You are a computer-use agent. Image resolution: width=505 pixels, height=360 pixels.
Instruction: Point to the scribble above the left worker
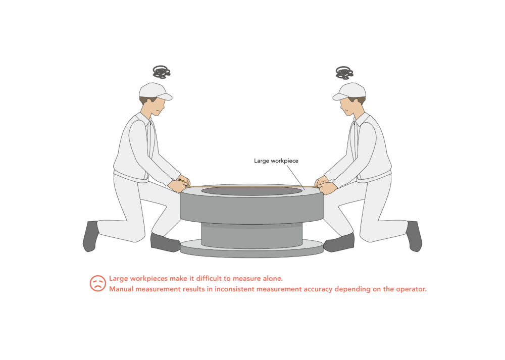pyautogui.click(x=161, y=72)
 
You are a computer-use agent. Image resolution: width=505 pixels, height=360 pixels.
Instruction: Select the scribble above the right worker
pyautogui.click(x=344, y=72)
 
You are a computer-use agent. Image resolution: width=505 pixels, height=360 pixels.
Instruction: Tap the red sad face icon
pyautogui.click(x=97, y=283)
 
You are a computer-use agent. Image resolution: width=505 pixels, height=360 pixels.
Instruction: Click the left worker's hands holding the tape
pyautogui.click(x=180, y=184)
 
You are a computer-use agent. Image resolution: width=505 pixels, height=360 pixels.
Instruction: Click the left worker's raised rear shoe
pyautogui.click(x=90, y=236)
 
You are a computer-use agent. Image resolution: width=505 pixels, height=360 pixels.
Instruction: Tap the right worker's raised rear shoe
pyautogui.click(x=414, y=236)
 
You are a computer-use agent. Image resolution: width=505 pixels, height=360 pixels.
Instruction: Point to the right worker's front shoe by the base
pyautogui.click(x=339, y=244)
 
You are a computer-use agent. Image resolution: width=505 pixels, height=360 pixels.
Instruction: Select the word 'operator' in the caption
pyautogui.click(x=410, y=289)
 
